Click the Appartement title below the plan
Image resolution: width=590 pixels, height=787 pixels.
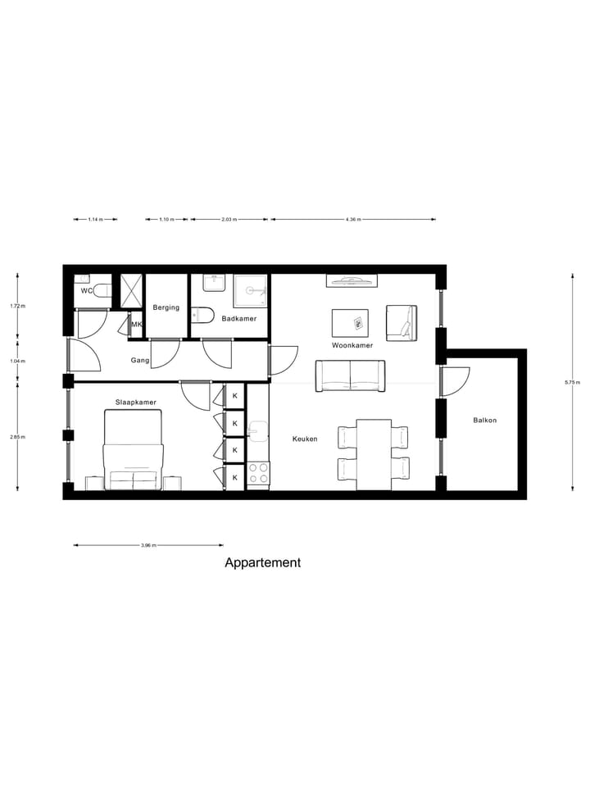point(262,563)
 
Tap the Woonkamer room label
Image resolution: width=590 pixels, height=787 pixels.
point(352,345)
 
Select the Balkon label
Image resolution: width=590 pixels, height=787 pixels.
point(484,421)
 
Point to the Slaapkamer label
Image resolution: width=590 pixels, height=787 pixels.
point(136,402)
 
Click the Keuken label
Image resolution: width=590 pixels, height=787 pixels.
point(305,439)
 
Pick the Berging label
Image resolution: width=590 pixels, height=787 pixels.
point(166,307)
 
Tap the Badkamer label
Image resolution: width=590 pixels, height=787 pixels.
point(239,318)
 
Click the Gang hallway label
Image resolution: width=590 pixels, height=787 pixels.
point(139,360)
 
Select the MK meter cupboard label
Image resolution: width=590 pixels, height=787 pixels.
point(137,325)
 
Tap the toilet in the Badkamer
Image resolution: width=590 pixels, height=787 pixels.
point(203,315)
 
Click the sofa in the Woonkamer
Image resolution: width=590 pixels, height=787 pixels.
point(351,375)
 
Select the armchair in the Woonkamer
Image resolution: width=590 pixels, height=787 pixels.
point(402,322)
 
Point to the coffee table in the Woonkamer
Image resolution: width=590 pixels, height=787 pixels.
point(350,321)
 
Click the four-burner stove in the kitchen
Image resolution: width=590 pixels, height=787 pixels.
point(258,473)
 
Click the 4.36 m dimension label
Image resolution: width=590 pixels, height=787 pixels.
point(353,220)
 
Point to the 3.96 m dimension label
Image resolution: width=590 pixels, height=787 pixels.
point(148,545)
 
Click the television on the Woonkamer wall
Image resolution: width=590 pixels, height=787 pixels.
point(352,280)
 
